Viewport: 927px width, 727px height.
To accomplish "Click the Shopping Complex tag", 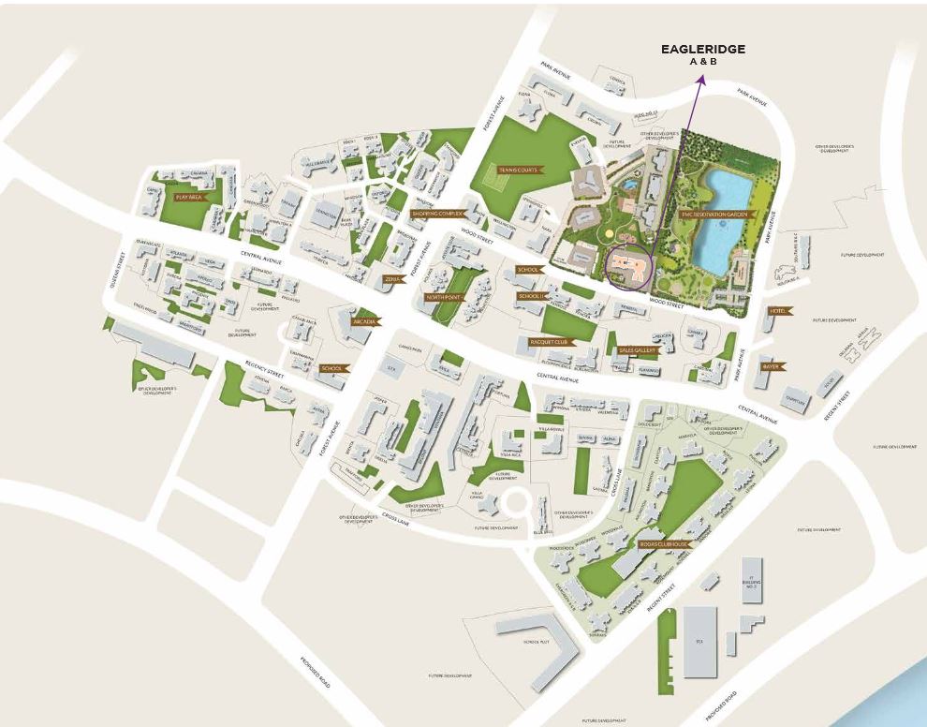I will tap(433, 214).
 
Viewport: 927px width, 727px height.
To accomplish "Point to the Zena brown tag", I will tap(393, 278).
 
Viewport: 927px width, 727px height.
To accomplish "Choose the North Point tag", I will tap(445, 297).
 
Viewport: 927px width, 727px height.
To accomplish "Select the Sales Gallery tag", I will tap(638, 350).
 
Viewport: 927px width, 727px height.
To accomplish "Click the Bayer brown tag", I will tap(772, 366).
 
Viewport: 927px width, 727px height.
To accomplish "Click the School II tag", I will tap(531, 296).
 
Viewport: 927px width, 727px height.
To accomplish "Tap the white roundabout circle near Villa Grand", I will tap(514, 505).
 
